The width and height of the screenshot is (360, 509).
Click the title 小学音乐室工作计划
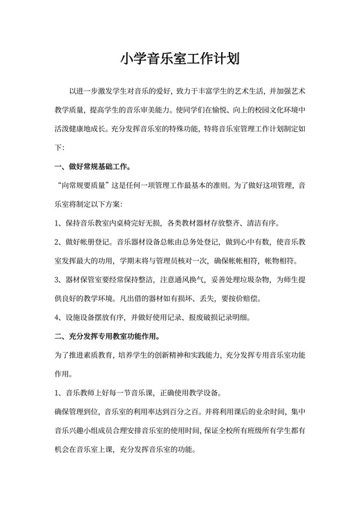180,61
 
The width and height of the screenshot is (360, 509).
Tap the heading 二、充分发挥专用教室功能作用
107,335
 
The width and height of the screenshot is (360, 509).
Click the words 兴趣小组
82,429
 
